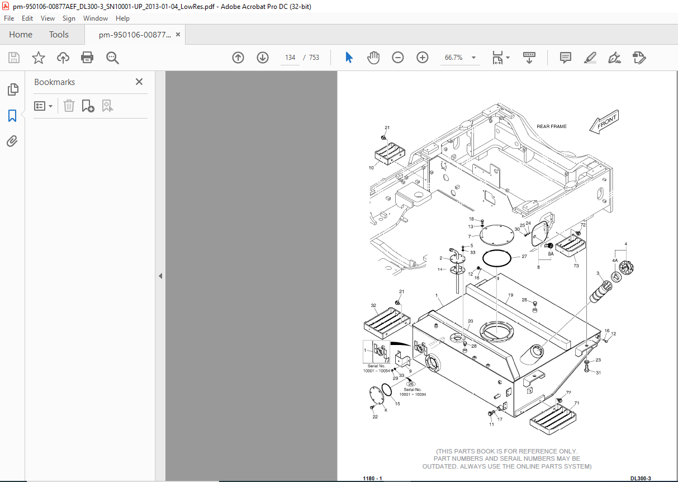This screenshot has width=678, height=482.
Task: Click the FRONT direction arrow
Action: click(x=604, y=122)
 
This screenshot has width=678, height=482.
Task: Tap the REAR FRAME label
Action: click(x=552, y=126)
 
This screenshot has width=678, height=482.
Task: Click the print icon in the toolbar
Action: click(x=87, y=58)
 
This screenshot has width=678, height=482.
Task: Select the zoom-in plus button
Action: click(x=422, y=58)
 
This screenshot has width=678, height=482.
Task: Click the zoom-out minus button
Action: click(x=398, y=58)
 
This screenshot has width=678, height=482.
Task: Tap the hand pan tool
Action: click(x=373, y=58)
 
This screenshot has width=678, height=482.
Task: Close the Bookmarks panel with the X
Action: click(x=139, y=82)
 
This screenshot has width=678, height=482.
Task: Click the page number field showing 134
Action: click(x=290, y=58)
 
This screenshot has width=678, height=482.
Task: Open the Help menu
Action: click(x=122, y=18)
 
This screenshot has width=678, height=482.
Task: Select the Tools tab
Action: click(x=59, y=35)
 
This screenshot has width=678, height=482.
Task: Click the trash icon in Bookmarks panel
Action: click(x=69, y=106)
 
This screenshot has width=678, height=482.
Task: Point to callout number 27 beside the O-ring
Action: click(x=524, y=257)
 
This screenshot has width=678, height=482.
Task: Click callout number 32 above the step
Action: click(x=373, y=305)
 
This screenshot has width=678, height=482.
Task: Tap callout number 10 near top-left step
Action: click(x=371, y=168)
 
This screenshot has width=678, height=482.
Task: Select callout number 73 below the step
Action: click(x=576, y=266)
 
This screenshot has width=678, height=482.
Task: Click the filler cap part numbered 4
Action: click(x=627, y=268)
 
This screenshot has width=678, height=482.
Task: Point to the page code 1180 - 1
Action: click(x=372, y=479)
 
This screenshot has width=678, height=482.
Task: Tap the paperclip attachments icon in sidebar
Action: click(x=12, y=141)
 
